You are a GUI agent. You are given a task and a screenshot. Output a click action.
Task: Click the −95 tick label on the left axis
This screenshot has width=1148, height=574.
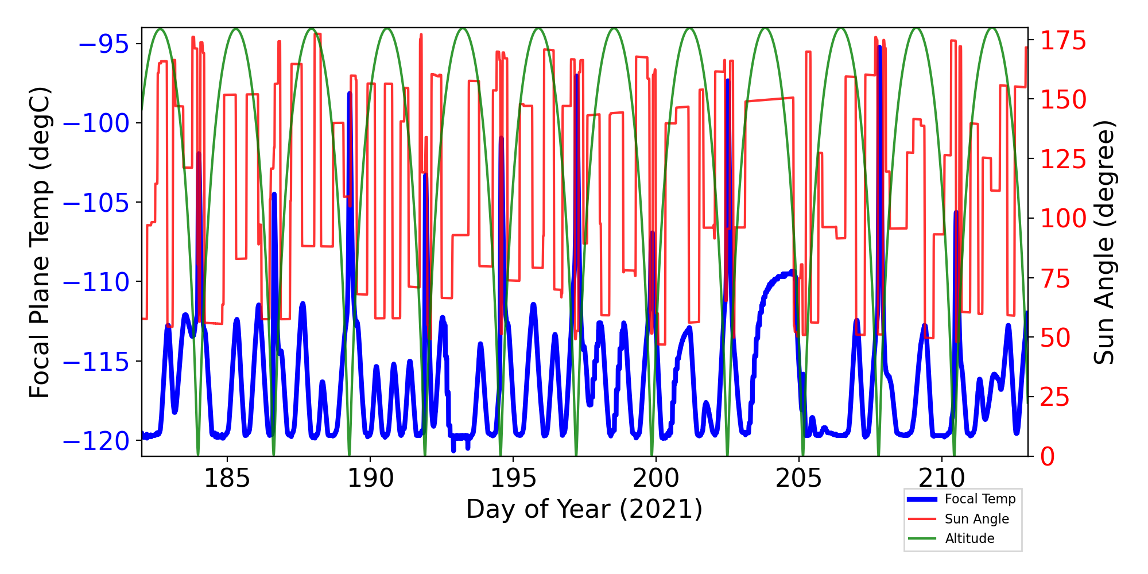click(x=103, y=44)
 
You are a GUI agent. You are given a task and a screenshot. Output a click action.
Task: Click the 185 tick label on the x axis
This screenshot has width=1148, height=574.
click(x=227, y=478)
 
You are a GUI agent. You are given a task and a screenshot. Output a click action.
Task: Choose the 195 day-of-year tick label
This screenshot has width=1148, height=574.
click(x=513, y=478)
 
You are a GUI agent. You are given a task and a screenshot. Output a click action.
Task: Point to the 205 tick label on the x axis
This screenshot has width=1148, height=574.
click(x=798, y=478)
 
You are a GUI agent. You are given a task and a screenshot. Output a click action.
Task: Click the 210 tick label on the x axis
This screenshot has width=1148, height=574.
click(x=941, y=478)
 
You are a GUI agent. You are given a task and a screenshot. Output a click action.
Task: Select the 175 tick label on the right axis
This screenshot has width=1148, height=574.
click(x=1064, y=41)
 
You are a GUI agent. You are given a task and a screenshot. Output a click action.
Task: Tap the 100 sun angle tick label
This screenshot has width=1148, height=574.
click(x=1064, y=219)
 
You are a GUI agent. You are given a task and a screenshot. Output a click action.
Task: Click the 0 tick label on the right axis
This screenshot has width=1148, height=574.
click(x=1048, y=457)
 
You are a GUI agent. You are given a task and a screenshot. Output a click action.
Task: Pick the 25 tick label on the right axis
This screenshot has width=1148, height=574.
click(x=1056, y=397)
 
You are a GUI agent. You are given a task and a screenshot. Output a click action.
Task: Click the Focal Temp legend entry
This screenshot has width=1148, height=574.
click(x=980, y=499)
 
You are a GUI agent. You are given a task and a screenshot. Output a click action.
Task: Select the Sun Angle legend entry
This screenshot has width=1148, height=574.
click(x=976, y=519)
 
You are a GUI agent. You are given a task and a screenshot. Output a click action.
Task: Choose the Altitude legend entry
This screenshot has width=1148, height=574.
click(x=969, y=538)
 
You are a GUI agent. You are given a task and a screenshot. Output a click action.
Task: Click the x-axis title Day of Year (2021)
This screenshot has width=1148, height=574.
click(x=584, y=509)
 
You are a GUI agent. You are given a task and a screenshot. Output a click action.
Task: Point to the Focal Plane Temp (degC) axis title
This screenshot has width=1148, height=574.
click(x=40, y=242)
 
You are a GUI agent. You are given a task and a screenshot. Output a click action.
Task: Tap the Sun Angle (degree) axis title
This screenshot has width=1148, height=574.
click(x=1103, y=242)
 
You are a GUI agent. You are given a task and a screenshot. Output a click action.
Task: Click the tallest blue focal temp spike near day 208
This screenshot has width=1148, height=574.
click(x=879, y=48)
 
